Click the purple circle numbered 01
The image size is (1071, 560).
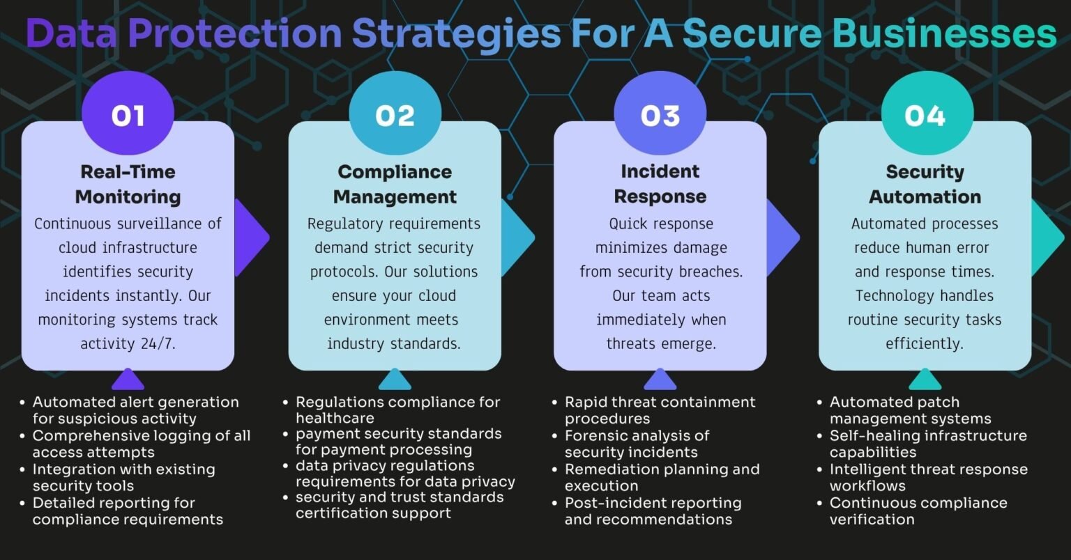coord(128,114)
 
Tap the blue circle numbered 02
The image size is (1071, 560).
coord(395,114)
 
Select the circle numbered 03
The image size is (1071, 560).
coord(660,114)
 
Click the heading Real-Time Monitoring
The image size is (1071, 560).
coord(128,184)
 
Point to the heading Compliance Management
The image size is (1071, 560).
coord(395,184)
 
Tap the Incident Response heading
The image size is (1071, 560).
coord(660,184)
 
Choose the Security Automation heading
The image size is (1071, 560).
coord(925,184)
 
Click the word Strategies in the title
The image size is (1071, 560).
coord(457,34)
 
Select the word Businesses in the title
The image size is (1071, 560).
coord(944,33)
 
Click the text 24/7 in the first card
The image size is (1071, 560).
coord(158,343)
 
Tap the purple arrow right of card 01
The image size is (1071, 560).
coord(252,238)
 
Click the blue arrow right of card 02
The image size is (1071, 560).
coord(518,238)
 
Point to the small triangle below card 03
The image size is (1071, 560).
coord(660,379)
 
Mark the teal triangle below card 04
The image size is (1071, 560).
coord(925,379)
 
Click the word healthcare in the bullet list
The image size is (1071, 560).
coord(335,418)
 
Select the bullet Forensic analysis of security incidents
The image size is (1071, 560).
coord(637,444)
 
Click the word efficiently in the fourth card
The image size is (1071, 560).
coord(925,343)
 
